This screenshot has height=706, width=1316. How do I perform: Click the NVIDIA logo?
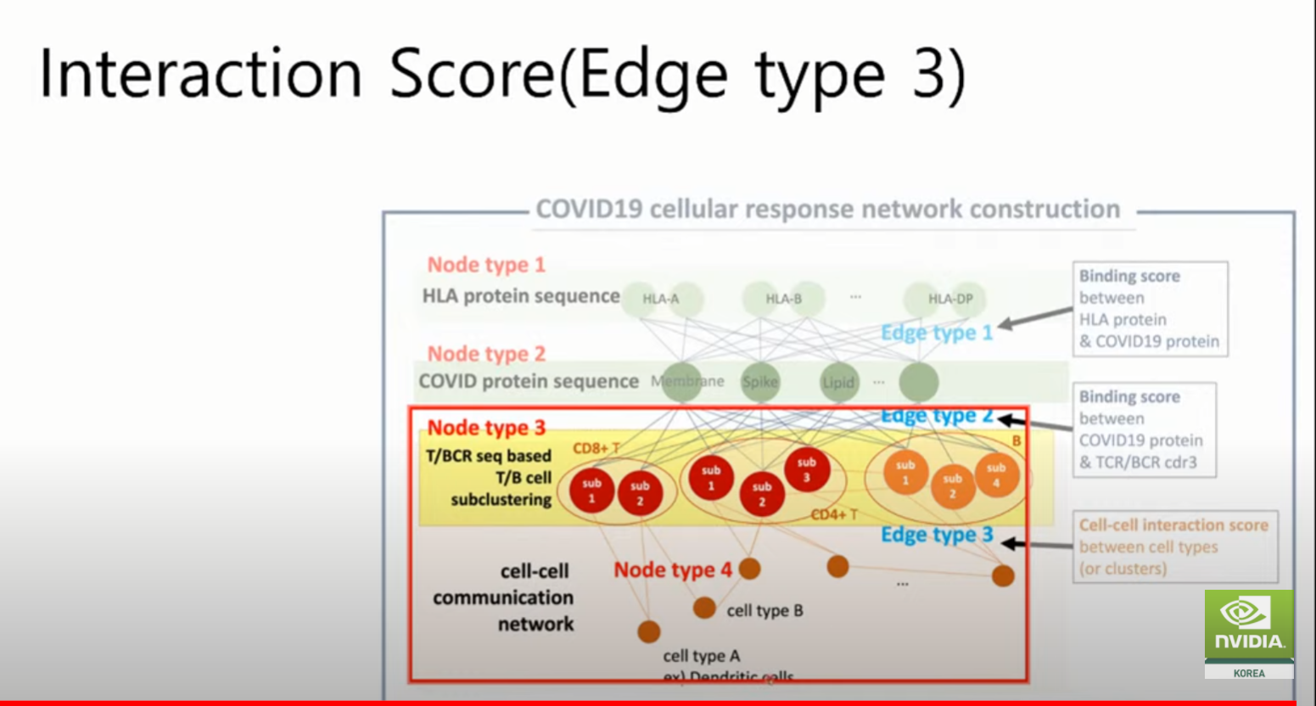point(1248,625)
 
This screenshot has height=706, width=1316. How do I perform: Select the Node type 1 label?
point(486,265)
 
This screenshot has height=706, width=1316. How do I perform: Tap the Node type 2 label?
point(486,354)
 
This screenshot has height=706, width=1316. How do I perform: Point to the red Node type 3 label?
point(486,428)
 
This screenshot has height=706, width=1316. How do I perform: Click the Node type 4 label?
point(673,570)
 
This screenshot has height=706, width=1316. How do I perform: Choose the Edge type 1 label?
point(937,333)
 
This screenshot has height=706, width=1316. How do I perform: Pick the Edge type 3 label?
point(937,535)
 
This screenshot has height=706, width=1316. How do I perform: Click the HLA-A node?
point(661,299)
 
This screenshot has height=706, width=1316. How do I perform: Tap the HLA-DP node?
point(950,299)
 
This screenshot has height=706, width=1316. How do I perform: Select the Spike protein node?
point(759,382)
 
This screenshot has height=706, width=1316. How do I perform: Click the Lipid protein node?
point(838,383)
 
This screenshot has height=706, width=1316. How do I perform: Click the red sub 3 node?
point(806,469)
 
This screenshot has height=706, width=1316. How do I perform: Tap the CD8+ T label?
point(596,448)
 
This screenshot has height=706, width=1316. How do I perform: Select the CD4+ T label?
point(834,514)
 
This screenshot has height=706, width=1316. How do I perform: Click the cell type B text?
point(764,610)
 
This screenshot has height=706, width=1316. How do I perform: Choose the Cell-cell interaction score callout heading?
point(1173,525)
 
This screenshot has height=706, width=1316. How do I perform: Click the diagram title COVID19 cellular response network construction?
point(827,210)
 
